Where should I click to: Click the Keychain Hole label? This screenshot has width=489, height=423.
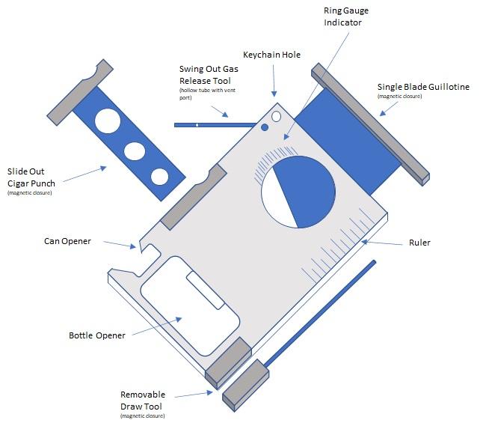click(271, 55)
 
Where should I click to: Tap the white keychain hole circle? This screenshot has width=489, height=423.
click(276, 117)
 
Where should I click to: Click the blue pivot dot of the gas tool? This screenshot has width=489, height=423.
click(265, 127)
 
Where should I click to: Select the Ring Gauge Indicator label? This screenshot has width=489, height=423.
click(346, 16)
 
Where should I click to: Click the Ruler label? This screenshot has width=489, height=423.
click(419, 243)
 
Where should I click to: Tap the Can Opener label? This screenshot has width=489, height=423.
click(67, 241)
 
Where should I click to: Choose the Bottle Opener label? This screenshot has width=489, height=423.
click(97, 335)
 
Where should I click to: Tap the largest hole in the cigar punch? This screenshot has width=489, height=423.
click(108, 121)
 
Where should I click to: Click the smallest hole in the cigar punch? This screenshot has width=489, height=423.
click(160, 177)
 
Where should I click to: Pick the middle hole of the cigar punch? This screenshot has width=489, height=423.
click(135, 151)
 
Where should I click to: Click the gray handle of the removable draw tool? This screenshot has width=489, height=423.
click(246, 386)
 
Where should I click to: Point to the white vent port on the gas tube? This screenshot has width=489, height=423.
click(197, 125)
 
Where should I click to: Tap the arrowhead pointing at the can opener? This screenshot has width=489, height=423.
click(133, 246)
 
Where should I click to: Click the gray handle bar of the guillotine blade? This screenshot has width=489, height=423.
click(371, 124)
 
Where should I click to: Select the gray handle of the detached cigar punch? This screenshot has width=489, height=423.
click(80, 92)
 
